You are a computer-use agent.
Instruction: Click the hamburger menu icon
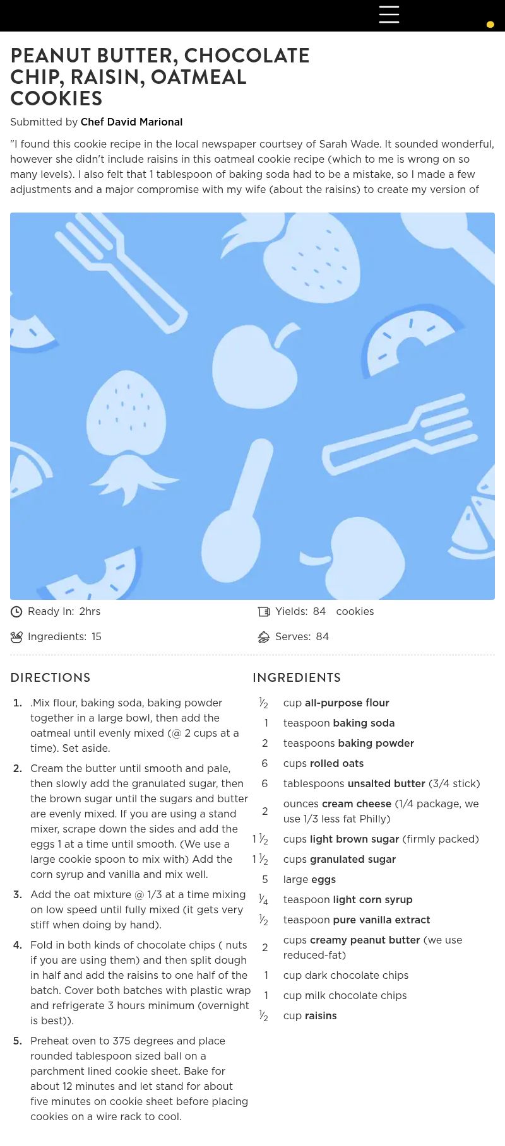pyautogui.click(x=389, y=15)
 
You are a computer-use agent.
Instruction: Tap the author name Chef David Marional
pyautogui.click(x=131, y=122)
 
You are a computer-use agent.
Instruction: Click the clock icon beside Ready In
pyautogui.click(x=16, y=611)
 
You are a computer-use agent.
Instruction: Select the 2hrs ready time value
pyautogui.click(x=90, y=611)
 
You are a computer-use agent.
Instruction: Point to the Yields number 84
pyautogui.click(x=319, y=611)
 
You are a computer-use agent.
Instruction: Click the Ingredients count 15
pyautogui.click(x=97, y=636)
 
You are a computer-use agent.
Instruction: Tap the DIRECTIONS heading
pyautogui.click(x=50, y=677)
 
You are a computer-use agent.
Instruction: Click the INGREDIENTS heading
pyautogui.click(x=297, y=677)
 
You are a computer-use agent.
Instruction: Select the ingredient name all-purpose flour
pyautogui.click(x=347, y=703)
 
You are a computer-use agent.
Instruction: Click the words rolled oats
pyautogui.click(x=336, y=763)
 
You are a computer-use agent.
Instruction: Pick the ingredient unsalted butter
pyautogui.click(x=386, y=783)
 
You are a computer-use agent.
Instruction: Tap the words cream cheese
pyautogui.click(x=357, y=804)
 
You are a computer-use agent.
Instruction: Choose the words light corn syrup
pyautogui.click(x=373, y=899)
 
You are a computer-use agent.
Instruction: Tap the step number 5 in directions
pyautogui.click(x=17, y=1041)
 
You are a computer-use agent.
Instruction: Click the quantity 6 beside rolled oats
pyautogui.click(x=264, y=763)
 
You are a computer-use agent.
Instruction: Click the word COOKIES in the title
pyautogui.click(x=56, y=98)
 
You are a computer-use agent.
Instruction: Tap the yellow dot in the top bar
pyautogui.click(x=490, y=25)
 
